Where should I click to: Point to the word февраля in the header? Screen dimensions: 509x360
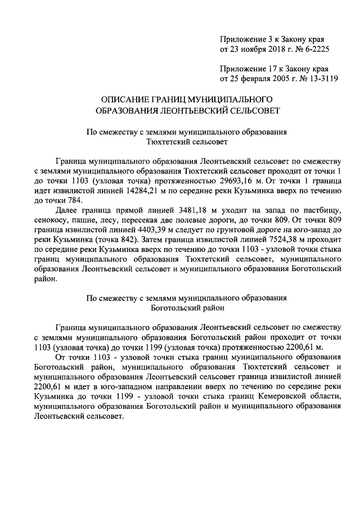(x=253, y=79)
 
